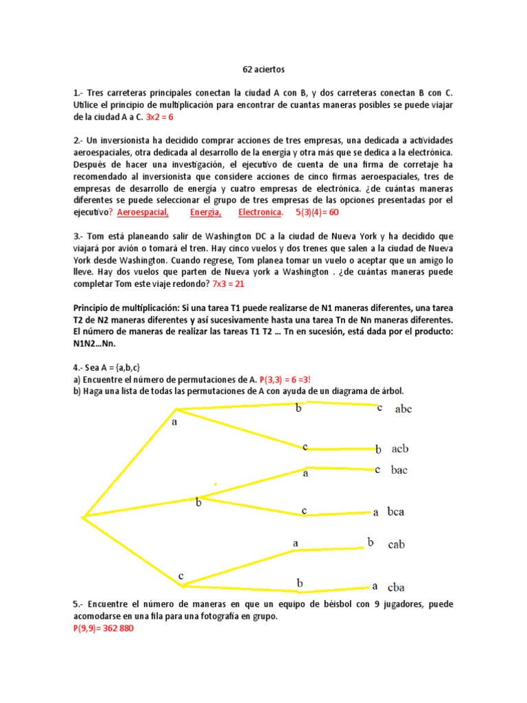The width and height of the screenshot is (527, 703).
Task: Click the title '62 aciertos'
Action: pos(263,70)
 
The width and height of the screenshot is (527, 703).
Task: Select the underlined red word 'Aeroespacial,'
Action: pos(143,213)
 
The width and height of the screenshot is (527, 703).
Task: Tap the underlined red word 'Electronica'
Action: pos(260,213)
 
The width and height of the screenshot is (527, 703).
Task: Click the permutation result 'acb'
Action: pos(400,449)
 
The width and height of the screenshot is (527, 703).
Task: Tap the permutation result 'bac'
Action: pos(399,470)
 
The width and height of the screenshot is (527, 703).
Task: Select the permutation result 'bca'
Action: pos(397,512)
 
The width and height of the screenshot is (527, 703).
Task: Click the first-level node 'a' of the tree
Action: pos(174,422)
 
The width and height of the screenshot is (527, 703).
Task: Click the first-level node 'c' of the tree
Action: pos(181,575)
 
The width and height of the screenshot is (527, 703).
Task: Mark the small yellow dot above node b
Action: pos(215,485)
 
